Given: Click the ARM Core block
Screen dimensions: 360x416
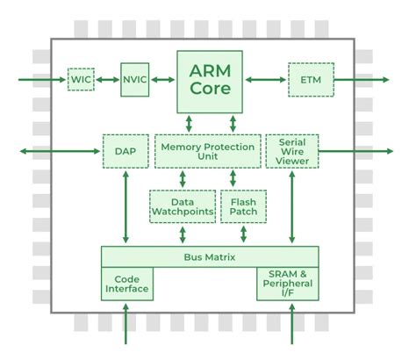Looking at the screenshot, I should (211, 81).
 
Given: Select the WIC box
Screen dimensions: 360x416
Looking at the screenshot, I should (81, 80).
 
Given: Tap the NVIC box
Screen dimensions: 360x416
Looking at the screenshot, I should (135, 80).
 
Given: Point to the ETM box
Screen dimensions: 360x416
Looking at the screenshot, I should (311, 80).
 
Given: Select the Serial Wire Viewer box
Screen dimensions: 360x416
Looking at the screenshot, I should (290, 151).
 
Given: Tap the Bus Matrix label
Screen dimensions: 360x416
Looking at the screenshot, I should (209, 256).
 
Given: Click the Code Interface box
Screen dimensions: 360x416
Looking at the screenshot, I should (127, 283).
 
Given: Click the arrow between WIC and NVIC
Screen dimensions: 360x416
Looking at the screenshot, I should (107, 80).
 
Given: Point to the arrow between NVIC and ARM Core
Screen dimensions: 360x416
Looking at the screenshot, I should (164, 80).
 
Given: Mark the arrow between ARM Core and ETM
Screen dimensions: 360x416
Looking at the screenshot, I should (267, 80).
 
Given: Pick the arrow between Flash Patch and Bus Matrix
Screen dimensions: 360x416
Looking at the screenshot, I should (242, 234).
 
